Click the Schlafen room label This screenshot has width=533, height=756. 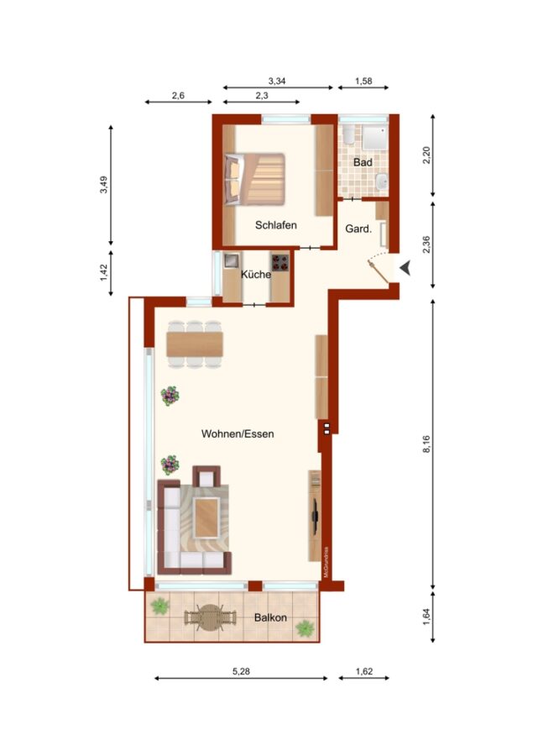pos(275,225)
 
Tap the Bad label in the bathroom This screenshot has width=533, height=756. pos(363,162)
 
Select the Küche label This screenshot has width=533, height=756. pos(256,275)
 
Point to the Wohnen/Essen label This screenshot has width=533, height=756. pos(238,434)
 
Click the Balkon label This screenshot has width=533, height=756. pos(270,617)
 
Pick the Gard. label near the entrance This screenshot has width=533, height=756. pos(358,229)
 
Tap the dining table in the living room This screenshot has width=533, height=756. pos(195,344)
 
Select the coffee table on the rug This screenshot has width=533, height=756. pos(206,517)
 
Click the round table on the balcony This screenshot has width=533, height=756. pos(209,617)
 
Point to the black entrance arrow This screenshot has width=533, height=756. pos(405,268)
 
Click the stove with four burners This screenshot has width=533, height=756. pos(280,262)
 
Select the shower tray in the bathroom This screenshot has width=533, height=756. pos(375,138)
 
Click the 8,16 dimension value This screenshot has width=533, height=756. pos(426,444)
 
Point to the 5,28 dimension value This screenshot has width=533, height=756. pos(241,671)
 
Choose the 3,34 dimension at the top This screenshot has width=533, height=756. pos(277,81)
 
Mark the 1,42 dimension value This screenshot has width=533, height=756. pos(104,272)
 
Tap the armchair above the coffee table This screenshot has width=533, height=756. pos(206,476)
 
